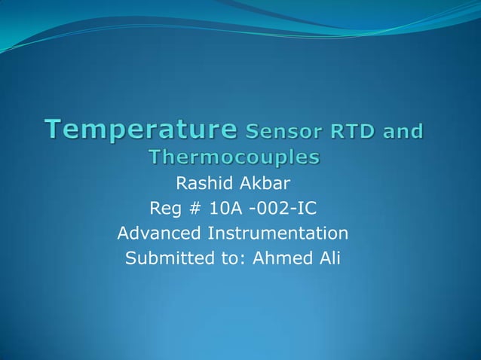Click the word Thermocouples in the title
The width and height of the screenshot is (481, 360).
click(x=234, y=157)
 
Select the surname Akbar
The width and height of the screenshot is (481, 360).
click(x=261, y=183)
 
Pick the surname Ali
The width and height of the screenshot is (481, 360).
click(x=329, y=259)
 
